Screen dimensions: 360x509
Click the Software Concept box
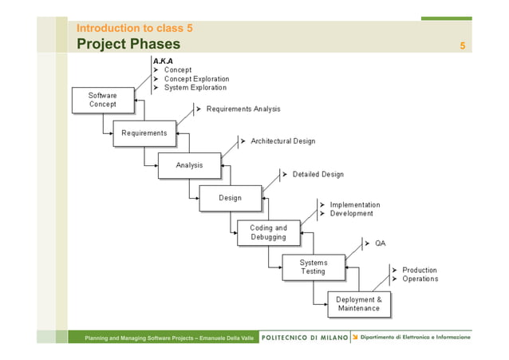(x=102, y=100)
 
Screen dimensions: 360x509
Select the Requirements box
(x=144, y=133)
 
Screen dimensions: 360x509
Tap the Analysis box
(x=189, y=166)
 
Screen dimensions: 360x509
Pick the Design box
(x=230, y=198)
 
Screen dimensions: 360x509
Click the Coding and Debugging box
(x=268, y=232)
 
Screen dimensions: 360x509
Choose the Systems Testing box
(x=313, y=267)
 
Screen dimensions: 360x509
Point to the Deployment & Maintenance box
(x=358, y=304)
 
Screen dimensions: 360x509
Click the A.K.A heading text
(x=162, y=61)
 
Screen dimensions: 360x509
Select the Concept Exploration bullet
(x=196, y=79)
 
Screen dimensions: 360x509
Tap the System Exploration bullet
(x=195, y=88)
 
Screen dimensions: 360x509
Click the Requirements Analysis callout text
(x=243, y=109)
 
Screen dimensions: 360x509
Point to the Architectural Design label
(x=282, y=141)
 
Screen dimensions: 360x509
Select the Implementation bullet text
(x=355, y=205)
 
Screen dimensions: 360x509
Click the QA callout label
(x=381, y=243)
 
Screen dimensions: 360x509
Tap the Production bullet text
(x=419, y=271)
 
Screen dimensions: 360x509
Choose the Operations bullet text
(x=420, y=279)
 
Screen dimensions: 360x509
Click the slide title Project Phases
(x=128, y=44)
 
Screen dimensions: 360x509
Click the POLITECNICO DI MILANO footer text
(x=305, y=338)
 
